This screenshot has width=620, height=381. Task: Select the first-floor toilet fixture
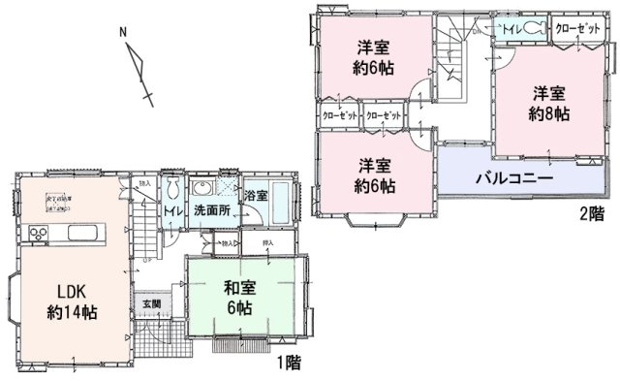coord(171,190)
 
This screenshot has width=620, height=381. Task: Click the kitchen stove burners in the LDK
coord(40,234)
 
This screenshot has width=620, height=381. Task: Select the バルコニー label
coord(513,180)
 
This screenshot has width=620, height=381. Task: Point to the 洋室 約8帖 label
coord(547,105)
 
